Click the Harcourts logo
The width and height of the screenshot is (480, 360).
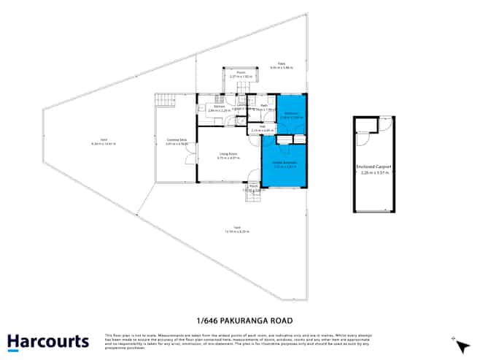coord(47,341)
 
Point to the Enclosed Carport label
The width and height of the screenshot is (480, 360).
coord(374,167)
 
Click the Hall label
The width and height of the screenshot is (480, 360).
coord(261,126)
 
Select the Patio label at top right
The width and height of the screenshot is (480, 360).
coord(280,65)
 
